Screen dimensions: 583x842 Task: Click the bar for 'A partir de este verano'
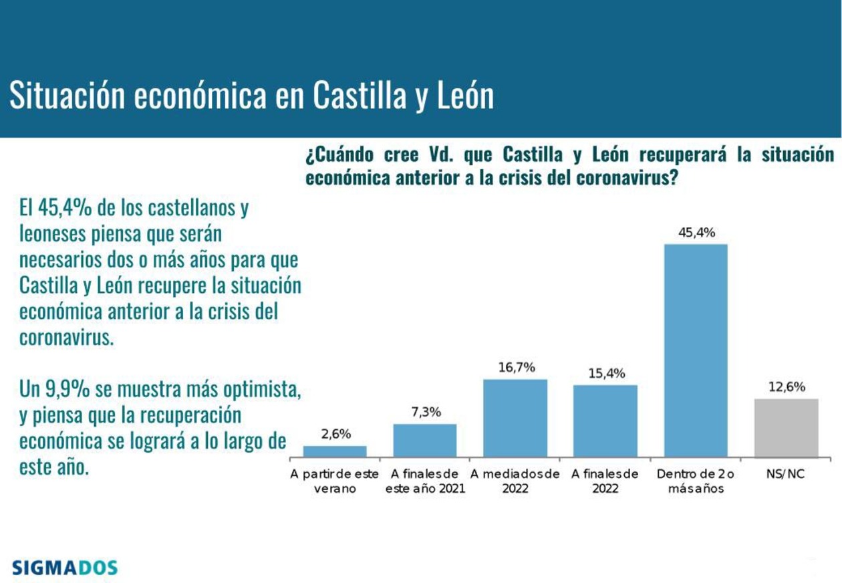click(335, 451)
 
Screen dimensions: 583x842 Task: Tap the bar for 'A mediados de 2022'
click(515, 419)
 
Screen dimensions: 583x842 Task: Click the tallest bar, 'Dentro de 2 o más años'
click(696, 350)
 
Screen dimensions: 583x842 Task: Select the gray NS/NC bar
click(787, 428)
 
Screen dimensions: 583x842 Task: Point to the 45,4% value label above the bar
click(696, 233)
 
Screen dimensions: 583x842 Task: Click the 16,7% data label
click(516, 368)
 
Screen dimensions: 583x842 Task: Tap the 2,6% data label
click(335, 434)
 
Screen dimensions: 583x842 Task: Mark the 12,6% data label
click(787, 387)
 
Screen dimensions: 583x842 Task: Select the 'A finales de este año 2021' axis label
click(425, 481)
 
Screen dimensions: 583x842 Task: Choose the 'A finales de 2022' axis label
click(605, 481)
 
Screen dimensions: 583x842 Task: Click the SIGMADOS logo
click(65, 568)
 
